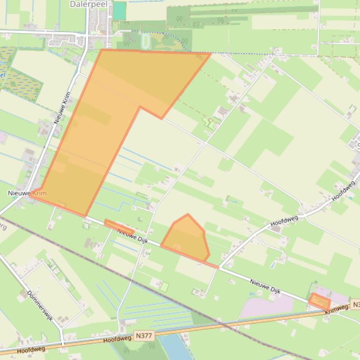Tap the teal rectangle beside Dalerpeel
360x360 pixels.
click(x=120, y=10)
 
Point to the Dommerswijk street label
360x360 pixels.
click(x=40, y=306)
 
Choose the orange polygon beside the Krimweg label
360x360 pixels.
click(x=320, y=302)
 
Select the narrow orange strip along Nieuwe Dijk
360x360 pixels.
click(x=119, y=226)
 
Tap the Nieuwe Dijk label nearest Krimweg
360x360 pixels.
click(x=265, y=286)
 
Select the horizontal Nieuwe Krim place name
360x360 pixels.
click(x=27, y=193)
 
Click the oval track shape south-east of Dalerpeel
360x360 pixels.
click(x=145, y=41)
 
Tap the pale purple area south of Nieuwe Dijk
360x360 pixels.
click(x=266, y=306)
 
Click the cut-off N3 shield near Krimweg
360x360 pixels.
click(x=355, y=305)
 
